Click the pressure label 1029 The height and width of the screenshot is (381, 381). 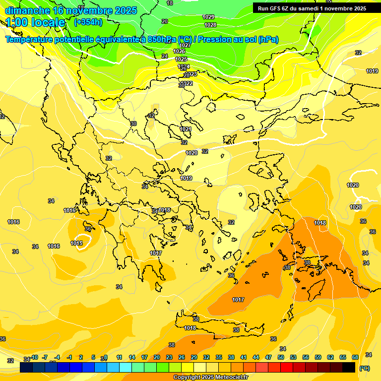(x=209, y=17)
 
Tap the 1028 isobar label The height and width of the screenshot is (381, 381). (x=210, y=25)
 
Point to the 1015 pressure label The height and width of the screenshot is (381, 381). (x=76, y=243)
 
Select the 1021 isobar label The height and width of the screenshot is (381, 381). (x=186, y=129)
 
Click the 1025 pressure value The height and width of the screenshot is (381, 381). (x=182, y=59)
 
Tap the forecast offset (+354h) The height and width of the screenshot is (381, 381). (x=88, y=22)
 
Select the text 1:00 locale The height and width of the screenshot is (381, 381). (x=36, y=22)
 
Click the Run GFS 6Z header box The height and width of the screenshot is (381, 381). (x=312, y=8)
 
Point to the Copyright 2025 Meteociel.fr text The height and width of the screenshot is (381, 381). (x=210, y=377)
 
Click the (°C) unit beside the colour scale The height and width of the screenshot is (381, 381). (x=364, y=368)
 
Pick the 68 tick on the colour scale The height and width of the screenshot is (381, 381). (x=355, y=358)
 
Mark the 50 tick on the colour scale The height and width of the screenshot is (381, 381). (x=281, y=358)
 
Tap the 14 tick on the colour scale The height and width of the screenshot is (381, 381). (x=132, y=358)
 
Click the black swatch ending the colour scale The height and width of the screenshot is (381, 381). (x=349, y=368)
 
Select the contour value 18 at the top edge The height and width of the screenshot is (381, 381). (x=170, y=3)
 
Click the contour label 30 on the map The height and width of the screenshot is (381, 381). (x=133, y=124)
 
